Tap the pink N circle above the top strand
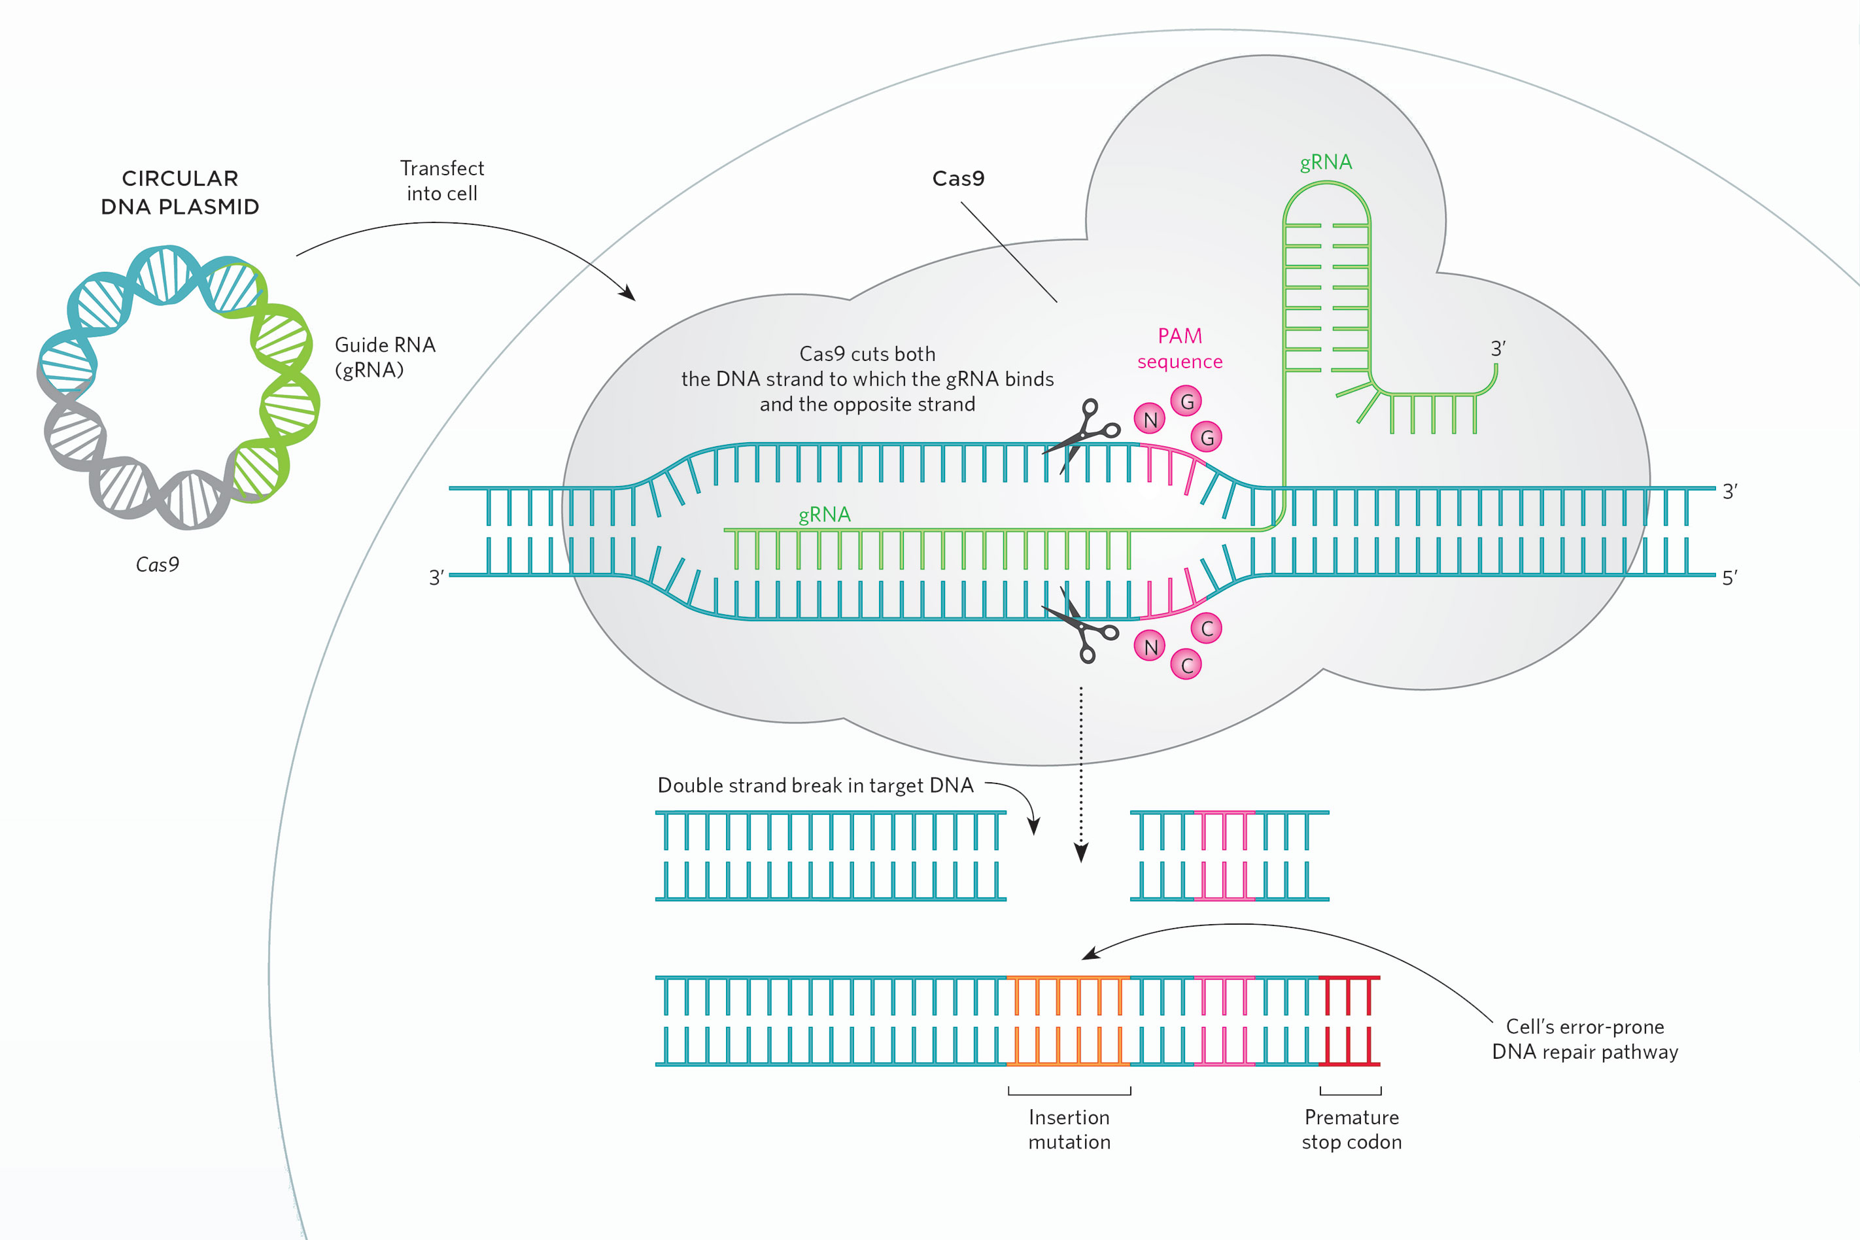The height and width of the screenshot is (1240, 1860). [1150, 419]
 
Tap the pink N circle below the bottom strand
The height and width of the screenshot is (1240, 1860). [1150, 646]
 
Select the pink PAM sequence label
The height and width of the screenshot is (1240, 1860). [1180, 349]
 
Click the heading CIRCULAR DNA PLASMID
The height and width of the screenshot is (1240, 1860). [181, 192]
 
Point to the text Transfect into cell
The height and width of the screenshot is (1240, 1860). [442, 181]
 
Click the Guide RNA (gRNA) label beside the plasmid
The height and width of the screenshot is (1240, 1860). [385, 356]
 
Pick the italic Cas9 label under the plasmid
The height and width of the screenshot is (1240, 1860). [158, 564]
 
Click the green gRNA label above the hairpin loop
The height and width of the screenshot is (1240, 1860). [1326, 162]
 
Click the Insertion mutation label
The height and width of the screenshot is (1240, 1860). [1069, 1129]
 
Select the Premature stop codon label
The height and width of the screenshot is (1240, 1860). [1351, 1129]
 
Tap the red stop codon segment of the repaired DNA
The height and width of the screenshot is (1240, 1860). [1349, 1021]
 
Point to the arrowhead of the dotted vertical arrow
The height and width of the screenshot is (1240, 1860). [1081, 853]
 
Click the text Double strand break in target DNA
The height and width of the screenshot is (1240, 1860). [816, 785]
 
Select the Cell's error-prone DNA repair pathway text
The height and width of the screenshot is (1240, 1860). [1585, 1039]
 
